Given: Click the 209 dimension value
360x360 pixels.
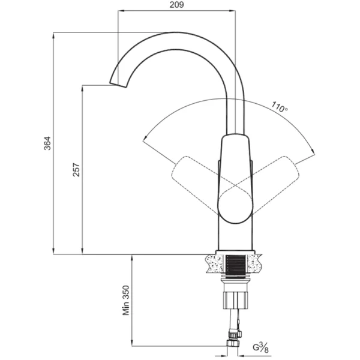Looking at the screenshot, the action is [x=176, y=5].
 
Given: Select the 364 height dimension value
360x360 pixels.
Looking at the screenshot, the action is [x=47, y=143].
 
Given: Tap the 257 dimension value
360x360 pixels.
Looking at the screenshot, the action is [x=76, y=170].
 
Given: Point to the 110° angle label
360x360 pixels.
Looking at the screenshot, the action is [x=280, y=107].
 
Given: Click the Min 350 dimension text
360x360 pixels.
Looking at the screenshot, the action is [x=126, y=301].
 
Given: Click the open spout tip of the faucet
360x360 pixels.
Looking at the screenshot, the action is [x=118, y=85].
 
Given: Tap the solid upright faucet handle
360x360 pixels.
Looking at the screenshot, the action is [x=235, y=179].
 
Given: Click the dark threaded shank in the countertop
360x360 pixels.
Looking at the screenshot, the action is [x=235, y=266].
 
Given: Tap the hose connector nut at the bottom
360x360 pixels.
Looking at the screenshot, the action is [x=233, y=343].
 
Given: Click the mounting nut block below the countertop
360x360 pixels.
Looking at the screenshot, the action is [x=236, y=300].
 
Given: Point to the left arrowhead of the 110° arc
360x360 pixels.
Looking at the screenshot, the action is [x=145, y=138].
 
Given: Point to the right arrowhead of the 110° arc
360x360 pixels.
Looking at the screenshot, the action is [x=313, y=152].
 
